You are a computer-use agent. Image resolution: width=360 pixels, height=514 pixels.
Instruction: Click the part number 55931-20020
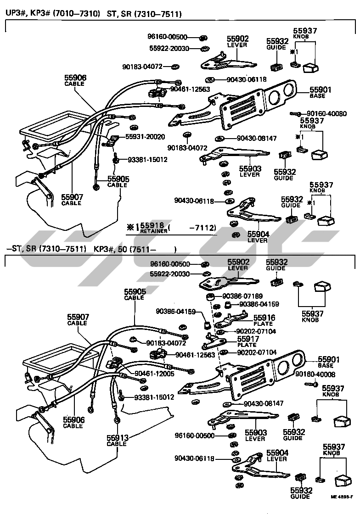click(145, 137)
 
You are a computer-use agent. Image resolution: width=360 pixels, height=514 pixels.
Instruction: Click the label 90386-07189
click(243, 296)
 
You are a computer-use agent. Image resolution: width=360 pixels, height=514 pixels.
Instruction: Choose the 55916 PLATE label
click(263, 320)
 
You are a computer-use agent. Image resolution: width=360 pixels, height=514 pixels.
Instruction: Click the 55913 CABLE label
click(117, 441)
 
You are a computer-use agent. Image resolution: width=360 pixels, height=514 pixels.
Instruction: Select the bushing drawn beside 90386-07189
click(212, 299)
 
